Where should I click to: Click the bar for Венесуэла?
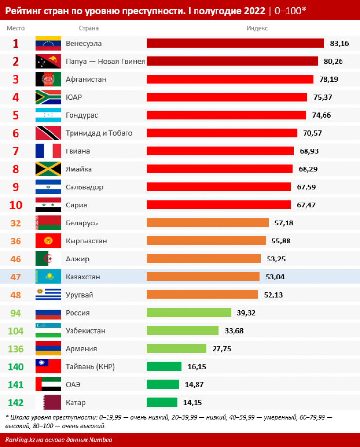(x=235, y=43)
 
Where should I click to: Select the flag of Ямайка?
(x=48, y=169)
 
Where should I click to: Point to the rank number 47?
(x=16, y=277)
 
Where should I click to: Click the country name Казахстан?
(x=83, y=277)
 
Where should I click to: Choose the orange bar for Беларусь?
(x=208, y=223)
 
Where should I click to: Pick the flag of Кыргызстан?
(x=48, y=241)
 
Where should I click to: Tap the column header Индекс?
(x=257, y=28)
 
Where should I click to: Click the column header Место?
(x=16, y=28)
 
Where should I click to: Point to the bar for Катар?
(x=162, y=402)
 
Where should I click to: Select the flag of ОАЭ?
(x=48, y=385)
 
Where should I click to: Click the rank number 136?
(x=16, y=349)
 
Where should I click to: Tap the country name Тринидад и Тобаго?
(x=99, y=133)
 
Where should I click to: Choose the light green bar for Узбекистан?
(x=183, y=331)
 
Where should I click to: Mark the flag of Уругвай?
(x=48, y=295)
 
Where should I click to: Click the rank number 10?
(x=16, y=205)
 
